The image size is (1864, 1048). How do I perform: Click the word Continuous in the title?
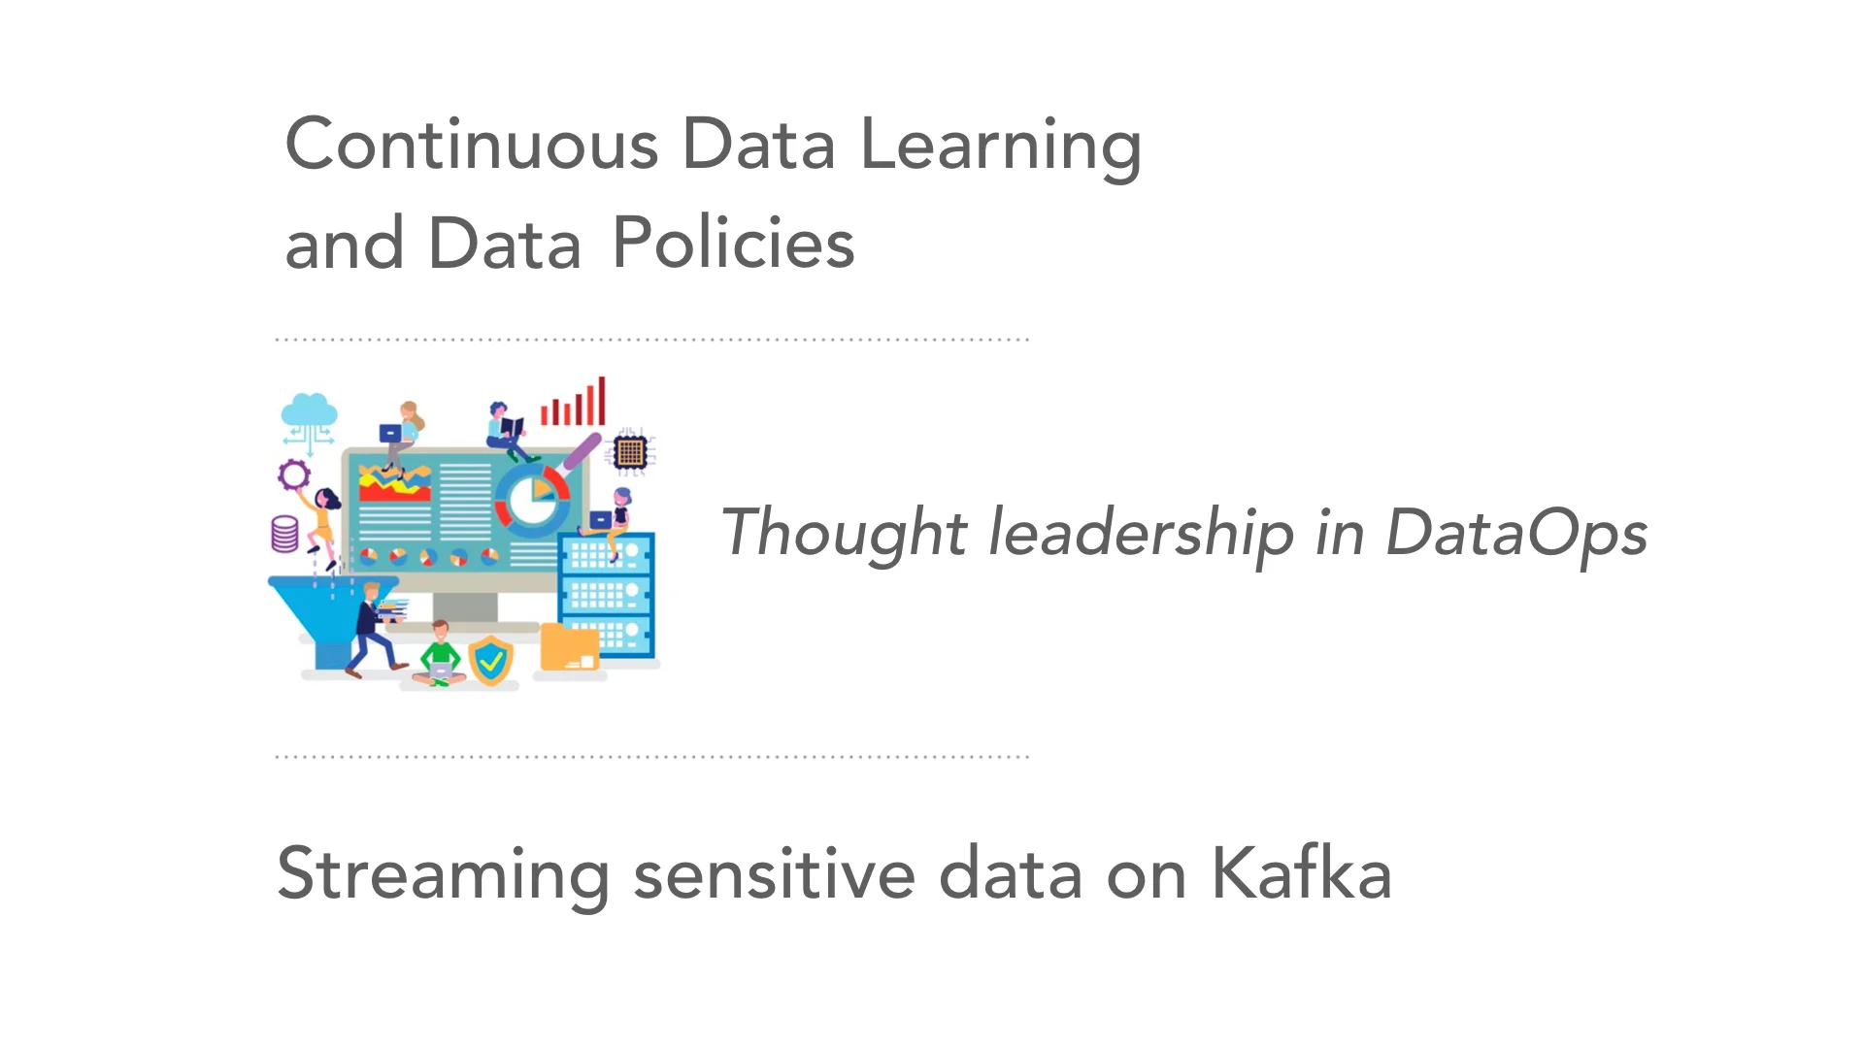pyautogui.click(x=472, y=146)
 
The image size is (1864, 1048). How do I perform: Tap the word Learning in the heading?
pyautogui.click(x=1000, y=146)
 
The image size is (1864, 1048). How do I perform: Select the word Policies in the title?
pyautogui.click(x=733, y=243)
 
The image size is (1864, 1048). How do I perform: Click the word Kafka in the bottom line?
pyautogui.click(x=1301, y=873)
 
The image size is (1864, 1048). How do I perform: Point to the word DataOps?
pyautogui.click(x=1516, y=534)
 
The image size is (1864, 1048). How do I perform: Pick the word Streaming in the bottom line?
pyautogui.click(x=443, y=873)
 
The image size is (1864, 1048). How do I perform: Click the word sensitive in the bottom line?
pyautogui.click(x=774, y=873)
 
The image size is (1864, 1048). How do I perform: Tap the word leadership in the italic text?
pyautogui.click(x=1141, y=534)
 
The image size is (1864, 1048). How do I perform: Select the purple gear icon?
pyautogui.click(x=293, y=475)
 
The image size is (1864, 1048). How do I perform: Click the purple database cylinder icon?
pyautogui.click(x=284, y=534)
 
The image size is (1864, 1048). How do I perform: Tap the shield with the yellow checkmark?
pyautogui.click(x=491, y=662)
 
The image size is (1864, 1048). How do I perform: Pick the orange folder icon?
pyautogui.click(x=569, y=647)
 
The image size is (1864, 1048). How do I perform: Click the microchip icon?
pyautogui.click(x=630, y=451)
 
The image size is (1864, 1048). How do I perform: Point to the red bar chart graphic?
pyautogui.click(x=574, y=404)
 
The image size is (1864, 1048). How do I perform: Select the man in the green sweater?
pyautogui.click(x=441, y=655)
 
